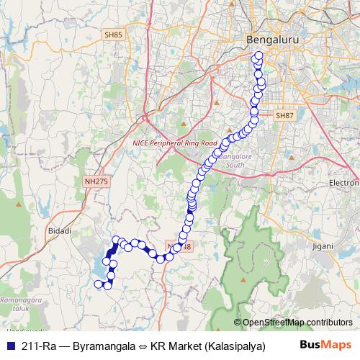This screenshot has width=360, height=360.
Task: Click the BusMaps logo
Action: point(325,345)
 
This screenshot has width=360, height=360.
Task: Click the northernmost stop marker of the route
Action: point(258,55)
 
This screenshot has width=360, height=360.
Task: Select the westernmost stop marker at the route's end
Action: point(99,284)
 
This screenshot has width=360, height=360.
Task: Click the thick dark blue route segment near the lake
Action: point(112,253)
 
